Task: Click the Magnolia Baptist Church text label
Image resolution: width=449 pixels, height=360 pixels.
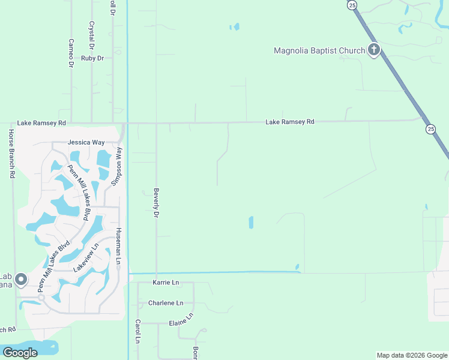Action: click(x=319, y=50)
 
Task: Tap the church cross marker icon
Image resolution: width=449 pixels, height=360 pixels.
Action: click(x=374, y=50)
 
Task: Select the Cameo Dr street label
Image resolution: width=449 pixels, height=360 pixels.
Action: click(x=71, y=53)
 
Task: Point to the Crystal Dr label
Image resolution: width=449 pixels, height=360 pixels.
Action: click(x=92, y=36)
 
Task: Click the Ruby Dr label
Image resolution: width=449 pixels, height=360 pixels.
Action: click(x=93, y=58)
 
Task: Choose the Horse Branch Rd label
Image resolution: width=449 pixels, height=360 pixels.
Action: click(x=11, y=154)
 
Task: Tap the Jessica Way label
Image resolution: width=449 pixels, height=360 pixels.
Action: click(x=86, y=143)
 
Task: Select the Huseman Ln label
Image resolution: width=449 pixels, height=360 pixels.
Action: click(x=118, y=247)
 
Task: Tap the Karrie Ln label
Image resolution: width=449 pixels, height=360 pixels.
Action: click(x=166, y=282)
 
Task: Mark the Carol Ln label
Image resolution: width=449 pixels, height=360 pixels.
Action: click(x=137, y=331)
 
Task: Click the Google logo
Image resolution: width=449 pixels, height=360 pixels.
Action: click(x=20, y=353)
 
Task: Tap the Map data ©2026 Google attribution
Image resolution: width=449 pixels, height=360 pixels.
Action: click(x=412, y=355)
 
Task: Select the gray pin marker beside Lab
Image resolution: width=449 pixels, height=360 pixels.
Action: click(x=21, y=280)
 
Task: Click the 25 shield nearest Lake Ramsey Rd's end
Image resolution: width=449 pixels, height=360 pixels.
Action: click(x=430, y=129)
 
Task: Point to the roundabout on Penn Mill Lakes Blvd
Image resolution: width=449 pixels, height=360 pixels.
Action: click(x=41, y=297)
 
